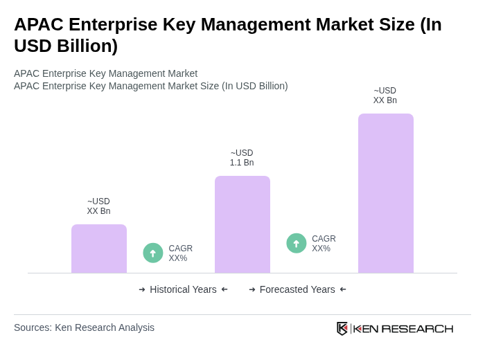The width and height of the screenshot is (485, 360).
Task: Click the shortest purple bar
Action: coord(99,249)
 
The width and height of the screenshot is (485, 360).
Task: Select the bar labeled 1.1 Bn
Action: coord(242,224)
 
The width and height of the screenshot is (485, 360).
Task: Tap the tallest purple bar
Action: coord(386,193)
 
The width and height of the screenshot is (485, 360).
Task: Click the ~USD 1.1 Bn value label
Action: coord(242,158)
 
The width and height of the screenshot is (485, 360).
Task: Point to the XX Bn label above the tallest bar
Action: coord(385,96)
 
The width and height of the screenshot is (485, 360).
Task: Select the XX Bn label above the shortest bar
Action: coord(98,206)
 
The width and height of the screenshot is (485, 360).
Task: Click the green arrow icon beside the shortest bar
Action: coord(153,253)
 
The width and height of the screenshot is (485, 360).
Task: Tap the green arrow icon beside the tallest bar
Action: coord(297,243)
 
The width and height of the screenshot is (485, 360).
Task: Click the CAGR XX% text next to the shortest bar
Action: coord(180,253)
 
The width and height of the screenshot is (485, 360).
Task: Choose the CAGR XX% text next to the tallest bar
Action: coord(324,244)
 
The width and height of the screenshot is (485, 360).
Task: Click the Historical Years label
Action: coord(183,289)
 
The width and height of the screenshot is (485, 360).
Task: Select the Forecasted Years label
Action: coord(297,289)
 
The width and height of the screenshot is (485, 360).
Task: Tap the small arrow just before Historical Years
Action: coord(142,289)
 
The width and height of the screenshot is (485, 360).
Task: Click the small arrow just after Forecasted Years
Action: coord(343,289)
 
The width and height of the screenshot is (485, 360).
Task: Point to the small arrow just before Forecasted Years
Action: coord(252,289)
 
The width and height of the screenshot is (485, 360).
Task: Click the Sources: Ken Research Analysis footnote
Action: coord(84,327)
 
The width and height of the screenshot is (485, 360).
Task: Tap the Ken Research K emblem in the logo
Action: coord(342,328)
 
